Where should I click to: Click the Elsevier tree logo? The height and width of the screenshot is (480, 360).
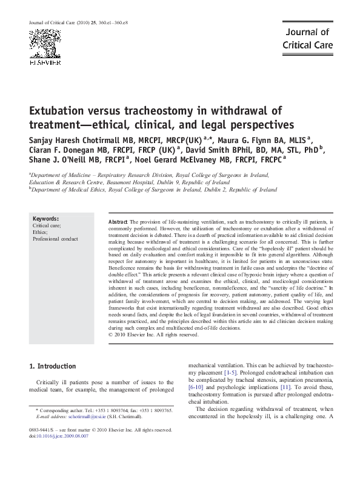[x=45, y=43]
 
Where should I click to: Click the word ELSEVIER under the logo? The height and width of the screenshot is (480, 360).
[x=45, y=62]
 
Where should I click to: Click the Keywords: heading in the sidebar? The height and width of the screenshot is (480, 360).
[x=45, y=219]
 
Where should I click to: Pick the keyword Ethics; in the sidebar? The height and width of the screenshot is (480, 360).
[x=40, y=232]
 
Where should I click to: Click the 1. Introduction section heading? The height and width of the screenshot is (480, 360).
[x=53, y=367]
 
